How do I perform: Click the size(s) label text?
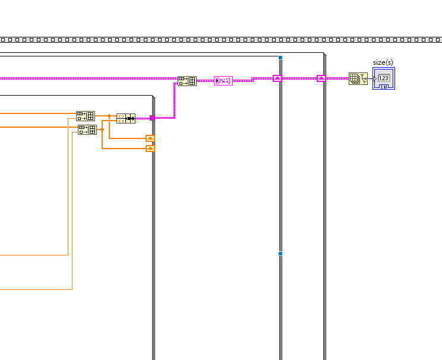point(383,62)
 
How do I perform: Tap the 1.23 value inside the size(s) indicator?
point(384,78)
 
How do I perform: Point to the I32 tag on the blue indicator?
point(384,87)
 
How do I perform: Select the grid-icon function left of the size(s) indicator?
point(358,78)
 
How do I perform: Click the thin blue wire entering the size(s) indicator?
point(370,78)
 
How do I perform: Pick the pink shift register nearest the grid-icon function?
point(321,78)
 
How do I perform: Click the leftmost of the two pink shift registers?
point(277,78)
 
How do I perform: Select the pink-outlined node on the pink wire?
point(223,81)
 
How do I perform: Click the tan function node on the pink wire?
point(187,81)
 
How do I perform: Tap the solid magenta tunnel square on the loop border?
point(152,118)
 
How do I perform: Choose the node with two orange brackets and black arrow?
point(126,118)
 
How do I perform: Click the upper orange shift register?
point(150,138)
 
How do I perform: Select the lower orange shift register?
point(150,149)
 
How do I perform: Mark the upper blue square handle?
point(280,58)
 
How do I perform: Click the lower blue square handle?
point(280,254)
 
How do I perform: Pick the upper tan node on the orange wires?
point(86,116)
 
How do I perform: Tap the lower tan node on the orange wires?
point(87,130)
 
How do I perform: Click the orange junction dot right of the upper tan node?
point(109,116)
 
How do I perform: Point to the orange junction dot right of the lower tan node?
point(102,130)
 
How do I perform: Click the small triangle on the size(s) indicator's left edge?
point(375,78)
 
